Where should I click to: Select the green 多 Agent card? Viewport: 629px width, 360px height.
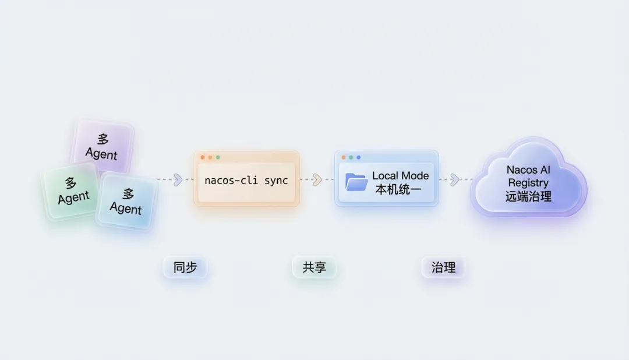(71, 190)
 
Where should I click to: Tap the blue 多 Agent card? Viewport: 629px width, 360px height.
(127, 202)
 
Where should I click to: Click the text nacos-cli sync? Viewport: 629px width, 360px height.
(246, 181)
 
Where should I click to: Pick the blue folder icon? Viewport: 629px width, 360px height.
(356, 182)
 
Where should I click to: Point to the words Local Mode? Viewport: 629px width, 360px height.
(400, 176)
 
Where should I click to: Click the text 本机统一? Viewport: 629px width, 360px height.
(398, 189)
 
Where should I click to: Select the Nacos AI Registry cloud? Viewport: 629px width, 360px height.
(529, 178)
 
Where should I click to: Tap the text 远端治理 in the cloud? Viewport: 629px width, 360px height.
(528, 197)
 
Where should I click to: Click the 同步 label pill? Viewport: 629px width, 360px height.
(185, 267)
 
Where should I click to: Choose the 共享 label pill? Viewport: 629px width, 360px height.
(314, 267)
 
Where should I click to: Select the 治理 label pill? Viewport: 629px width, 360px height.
(443, 267)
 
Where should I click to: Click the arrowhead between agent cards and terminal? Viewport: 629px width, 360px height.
(178, 180)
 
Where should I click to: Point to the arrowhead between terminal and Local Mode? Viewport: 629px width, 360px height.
(317, 180)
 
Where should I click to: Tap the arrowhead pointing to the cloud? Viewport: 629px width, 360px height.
(454, 180)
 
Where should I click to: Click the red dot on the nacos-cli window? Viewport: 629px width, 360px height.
(203, 157)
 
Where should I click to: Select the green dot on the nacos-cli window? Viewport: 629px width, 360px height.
(218, 157)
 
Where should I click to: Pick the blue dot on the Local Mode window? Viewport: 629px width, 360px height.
(359, 157)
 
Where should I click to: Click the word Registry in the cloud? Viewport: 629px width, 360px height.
(528, 183)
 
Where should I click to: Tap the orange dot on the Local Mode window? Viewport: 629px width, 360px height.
(344, 157)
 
